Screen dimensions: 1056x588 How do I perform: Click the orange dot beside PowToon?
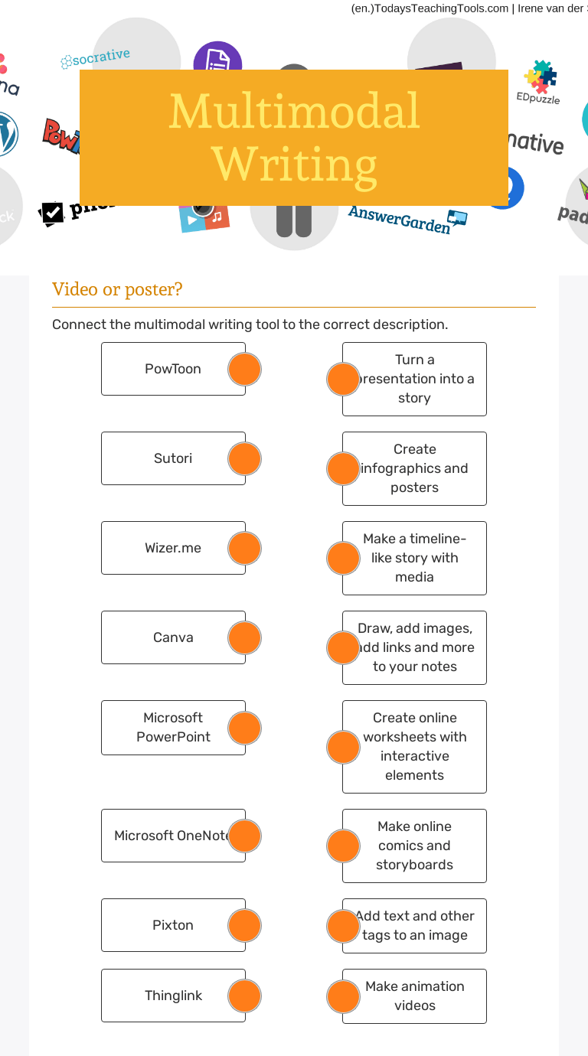245,370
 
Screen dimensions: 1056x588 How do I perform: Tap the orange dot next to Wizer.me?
245,549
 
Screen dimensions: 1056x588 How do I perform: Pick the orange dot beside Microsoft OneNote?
245,836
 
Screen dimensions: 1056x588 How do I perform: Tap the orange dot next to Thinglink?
245,996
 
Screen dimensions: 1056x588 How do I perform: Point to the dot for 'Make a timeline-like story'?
343,559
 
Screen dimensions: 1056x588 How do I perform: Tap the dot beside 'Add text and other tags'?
343,926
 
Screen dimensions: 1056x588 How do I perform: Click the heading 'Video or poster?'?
117,289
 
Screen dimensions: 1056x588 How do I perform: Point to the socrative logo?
96,58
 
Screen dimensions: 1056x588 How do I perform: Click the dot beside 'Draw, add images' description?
343,647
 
